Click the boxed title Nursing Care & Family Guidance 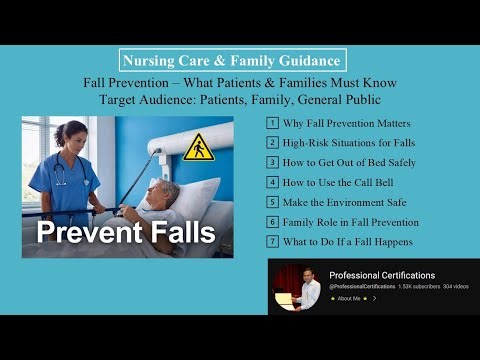[232, 59]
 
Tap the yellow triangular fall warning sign [199, 148]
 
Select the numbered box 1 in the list [271, 123]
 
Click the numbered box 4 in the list [271, 182]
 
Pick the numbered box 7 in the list [271, 242]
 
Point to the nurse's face [75, 135]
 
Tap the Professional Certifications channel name [382, 275]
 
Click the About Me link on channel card [350, 298]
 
